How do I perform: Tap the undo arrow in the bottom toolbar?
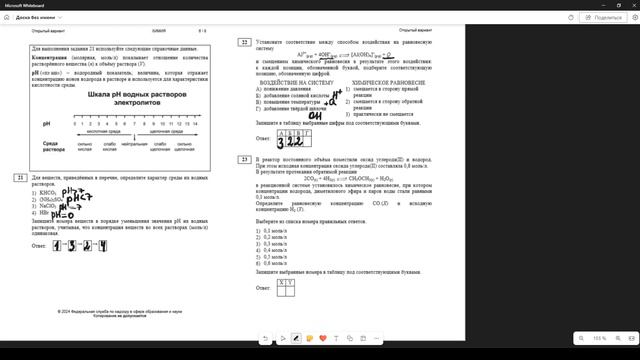266,338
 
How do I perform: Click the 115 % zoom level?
599,339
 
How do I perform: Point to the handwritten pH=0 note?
65,215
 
